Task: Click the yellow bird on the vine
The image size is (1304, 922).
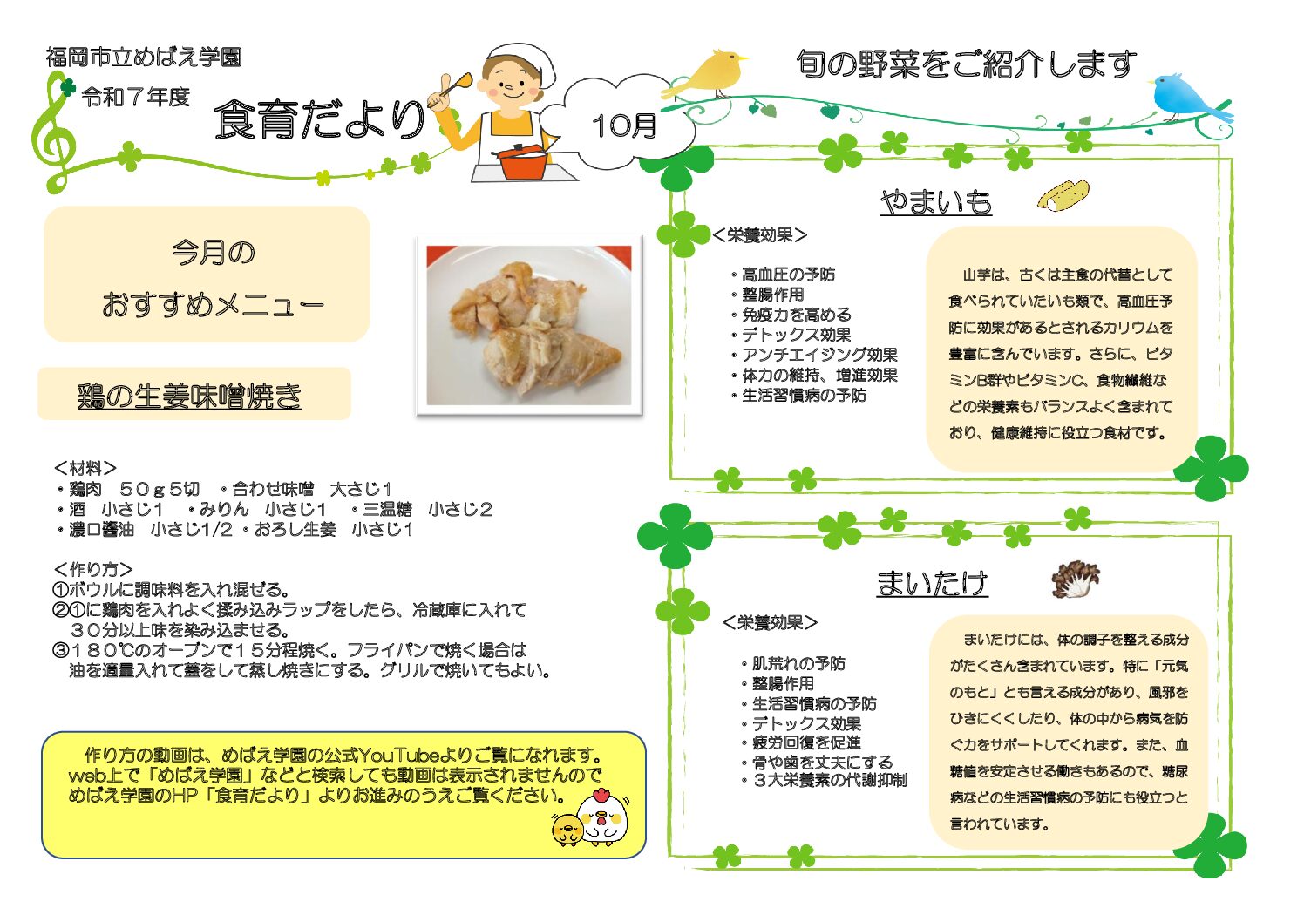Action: [707, 74]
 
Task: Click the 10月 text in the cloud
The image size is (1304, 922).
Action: [625, 125]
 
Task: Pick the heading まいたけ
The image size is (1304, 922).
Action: [933, 583]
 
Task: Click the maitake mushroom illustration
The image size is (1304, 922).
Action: [1075, 579]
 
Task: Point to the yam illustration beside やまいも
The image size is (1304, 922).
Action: [1063, 195]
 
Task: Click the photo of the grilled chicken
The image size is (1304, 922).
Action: [529, 325]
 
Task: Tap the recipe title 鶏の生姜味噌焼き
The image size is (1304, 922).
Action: [190, 396]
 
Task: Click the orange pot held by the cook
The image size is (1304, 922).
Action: [523, 162]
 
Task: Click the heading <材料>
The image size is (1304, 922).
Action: [85, 468]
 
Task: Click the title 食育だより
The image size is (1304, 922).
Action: [320, 119]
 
